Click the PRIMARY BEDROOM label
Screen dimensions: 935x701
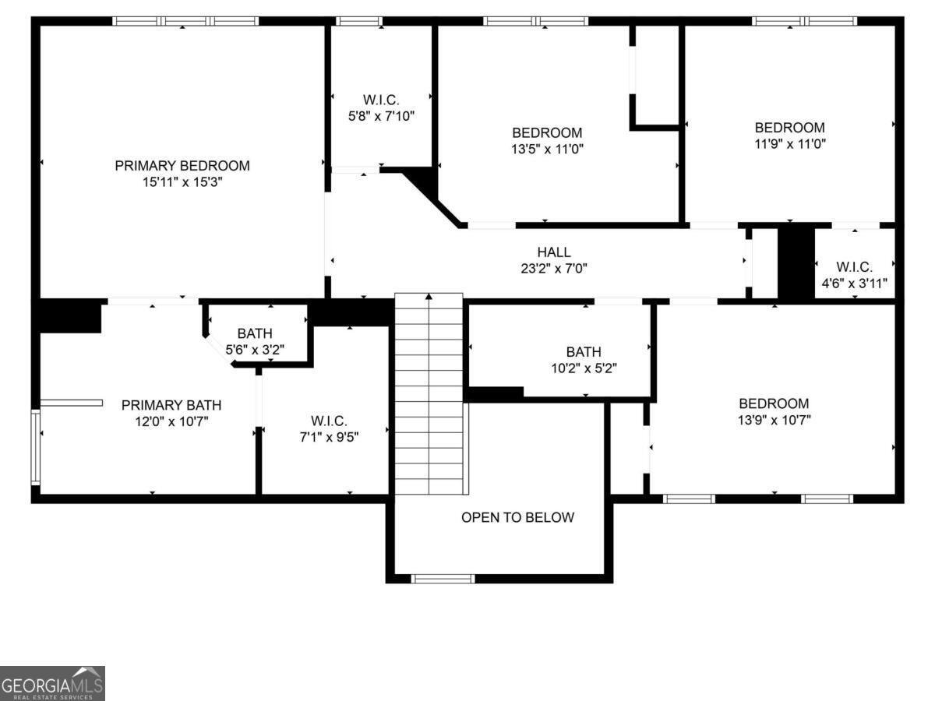click(182, 166)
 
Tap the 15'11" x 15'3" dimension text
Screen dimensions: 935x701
click(182, 182)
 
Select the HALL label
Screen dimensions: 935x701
click(554, 252)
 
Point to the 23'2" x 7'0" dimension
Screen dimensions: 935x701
click(554, 269)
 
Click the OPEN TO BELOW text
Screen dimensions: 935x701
click(517, 517)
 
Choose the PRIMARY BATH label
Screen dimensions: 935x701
click(171, 405)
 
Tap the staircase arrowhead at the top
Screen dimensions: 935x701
click(429, 296)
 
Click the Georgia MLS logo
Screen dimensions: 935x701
click(52, 683)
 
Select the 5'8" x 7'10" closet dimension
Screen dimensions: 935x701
click(381, 116)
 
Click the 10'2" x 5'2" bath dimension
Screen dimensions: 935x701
click(584, 368)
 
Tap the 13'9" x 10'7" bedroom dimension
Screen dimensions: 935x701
click(774, 420)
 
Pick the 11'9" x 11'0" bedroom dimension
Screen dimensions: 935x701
click(790, 144)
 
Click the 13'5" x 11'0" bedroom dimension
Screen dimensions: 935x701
click(548, 149)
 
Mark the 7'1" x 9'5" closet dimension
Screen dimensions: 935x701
click(329, 437)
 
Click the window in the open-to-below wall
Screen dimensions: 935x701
click(443, 579)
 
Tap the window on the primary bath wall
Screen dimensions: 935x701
click(35, 447)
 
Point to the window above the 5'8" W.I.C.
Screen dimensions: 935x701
click(359, 21)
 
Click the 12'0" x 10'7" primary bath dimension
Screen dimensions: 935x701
click(171, 422)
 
